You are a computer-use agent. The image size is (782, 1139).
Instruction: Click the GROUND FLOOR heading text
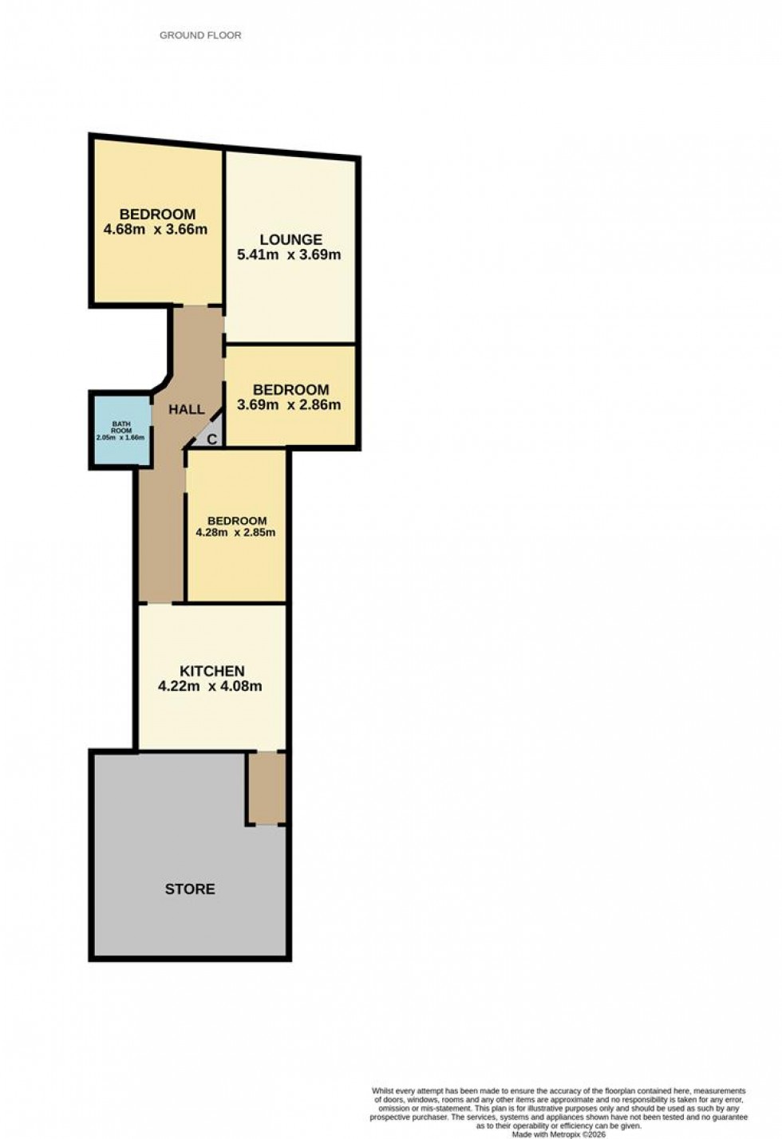point(200,35)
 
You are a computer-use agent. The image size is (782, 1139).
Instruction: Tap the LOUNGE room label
point(290,239)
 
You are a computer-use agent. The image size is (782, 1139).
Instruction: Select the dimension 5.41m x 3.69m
point(289,255)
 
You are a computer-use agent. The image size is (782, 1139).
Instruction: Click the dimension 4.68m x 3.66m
point(156,230)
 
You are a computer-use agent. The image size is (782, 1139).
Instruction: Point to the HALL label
point(186,409)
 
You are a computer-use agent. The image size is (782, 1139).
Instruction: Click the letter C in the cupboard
point(212,439)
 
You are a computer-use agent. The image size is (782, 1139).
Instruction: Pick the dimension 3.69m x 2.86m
point(289,405)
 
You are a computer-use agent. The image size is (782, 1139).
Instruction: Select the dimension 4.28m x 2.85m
point(235,533)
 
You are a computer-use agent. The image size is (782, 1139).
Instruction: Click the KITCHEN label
point(211,671)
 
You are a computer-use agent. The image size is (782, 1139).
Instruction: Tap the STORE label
point(190,889)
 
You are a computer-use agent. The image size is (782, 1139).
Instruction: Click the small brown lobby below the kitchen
point(266,788)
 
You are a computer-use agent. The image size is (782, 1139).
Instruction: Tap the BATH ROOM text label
point(120,428)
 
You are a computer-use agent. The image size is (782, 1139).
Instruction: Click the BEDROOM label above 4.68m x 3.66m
point(157,214)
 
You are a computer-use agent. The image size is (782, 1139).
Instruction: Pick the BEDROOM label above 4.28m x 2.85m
point(237,521)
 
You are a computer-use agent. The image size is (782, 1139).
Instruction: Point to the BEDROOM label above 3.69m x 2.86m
point(290,389)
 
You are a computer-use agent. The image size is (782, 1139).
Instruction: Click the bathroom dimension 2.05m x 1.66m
point(120,438)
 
